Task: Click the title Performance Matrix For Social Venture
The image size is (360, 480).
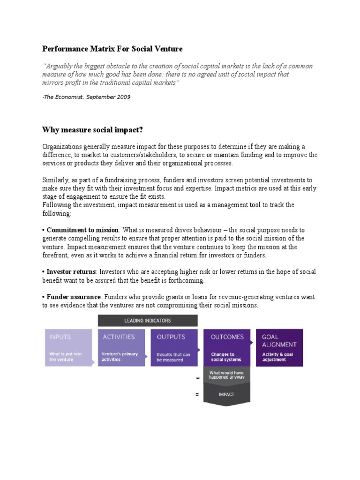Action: (x=112, y=48)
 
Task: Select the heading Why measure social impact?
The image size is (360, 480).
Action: (x=92, y=130)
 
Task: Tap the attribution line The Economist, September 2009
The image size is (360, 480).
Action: (x=86, y=97)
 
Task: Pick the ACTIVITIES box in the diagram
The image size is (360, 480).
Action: (x=121, y=347)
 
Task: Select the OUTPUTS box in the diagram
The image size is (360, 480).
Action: (x=174, y=347)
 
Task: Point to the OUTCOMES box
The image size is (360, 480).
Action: (x=227, y=347)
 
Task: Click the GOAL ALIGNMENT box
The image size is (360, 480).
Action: (x=279, y=347)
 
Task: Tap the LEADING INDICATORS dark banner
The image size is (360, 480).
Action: (x=147, y=321)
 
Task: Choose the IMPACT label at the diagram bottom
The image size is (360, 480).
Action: (x=227, y=395)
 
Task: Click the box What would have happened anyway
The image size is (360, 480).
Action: (x=227, y=375)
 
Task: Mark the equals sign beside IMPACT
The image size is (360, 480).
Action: (x=197, y=395)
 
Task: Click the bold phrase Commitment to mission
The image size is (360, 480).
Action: (x=83, y=230)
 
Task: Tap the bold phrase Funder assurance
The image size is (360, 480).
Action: (x=74, y=297)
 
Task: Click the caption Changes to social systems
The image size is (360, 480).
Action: (x=226, y=357)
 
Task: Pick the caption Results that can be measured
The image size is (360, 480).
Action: (x=173, y=357)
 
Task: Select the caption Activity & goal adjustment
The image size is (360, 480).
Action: (x=278, y=357)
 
